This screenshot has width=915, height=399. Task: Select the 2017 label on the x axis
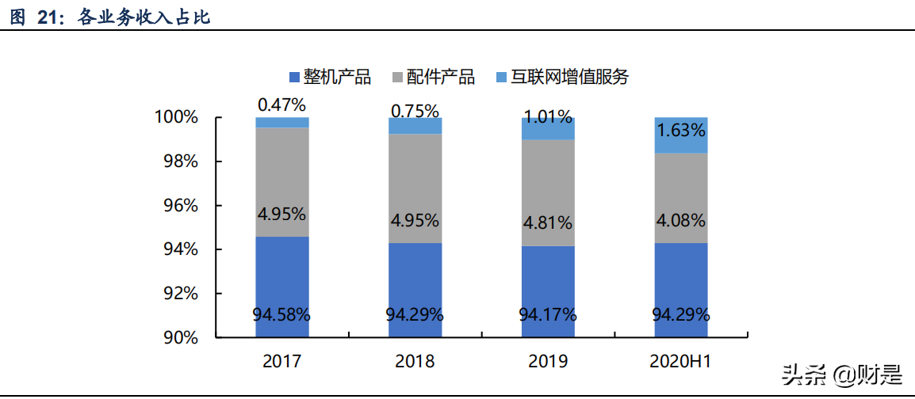281,362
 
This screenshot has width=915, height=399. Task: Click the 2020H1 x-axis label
680,362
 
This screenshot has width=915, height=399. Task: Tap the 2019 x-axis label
548,362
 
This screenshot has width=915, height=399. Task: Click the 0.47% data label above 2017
281,104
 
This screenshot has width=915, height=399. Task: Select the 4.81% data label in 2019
548,222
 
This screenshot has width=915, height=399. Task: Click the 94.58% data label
281,314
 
